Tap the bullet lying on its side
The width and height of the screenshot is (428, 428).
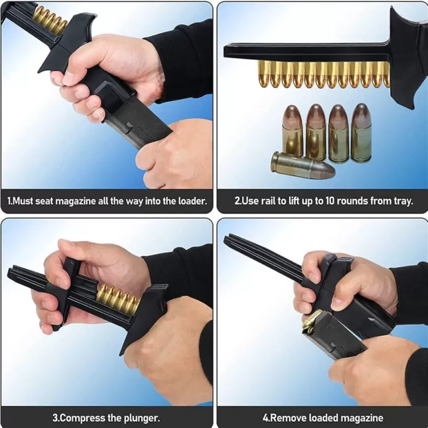click(x=303, y=166)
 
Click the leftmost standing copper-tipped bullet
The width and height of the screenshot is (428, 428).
click(x=292, y=131)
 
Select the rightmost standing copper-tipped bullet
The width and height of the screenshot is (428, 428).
click(x=361, y=133)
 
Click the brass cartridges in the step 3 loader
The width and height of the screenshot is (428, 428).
click(x=118, y=299)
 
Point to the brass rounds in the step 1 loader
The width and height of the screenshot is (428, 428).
click(x=50, y=20)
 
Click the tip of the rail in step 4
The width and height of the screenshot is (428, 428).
click(x=226, y=238)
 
